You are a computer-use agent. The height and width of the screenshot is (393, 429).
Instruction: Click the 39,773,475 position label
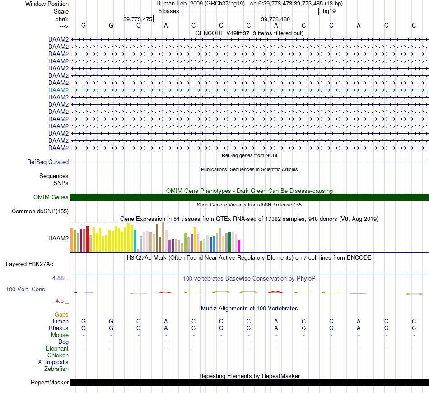coord(138,19)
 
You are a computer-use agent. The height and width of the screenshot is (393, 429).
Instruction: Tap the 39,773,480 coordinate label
coord(275,19)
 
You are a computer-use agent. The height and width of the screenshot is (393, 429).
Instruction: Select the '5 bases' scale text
coord(168,11)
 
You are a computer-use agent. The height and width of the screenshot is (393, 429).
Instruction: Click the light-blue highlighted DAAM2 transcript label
coord(58,90)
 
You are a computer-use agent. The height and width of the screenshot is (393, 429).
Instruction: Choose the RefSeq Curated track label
coord(48,162)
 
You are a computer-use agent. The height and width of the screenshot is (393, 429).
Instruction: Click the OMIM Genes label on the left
coord(51,197)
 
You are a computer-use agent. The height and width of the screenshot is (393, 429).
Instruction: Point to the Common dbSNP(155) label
coord(40,211)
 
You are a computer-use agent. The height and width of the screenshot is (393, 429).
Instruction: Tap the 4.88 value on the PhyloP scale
coord(60,278)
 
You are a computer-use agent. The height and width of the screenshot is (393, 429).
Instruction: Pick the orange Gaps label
coord(61,314)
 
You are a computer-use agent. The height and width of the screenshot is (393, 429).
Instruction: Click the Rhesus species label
coord(59,328)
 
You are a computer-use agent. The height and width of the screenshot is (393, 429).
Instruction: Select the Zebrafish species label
coord(56,369)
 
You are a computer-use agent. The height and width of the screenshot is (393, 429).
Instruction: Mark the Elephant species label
coord(57,348)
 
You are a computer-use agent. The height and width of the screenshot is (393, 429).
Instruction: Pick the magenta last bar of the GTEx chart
coord(239,246)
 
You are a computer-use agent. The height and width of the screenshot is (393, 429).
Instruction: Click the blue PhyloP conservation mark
coord(84,292)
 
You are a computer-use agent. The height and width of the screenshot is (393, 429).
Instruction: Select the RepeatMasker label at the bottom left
coord(50,383)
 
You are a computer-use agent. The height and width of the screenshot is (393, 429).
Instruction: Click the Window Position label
coord(47,4)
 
